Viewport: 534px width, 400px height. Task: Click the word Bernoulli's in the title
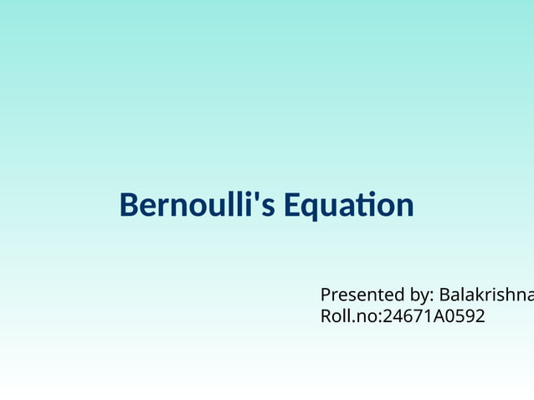(x=197, y=205)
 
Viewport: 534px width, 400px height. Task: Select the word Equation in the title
(x=348, y=205)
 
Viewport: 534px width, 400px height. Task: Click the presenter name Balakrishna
(x=486, y=295)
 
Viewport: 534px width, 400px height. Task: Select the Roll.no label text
(x=348, y=316)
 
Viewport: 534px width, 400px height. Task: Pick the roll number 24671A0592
(x=433, y=316)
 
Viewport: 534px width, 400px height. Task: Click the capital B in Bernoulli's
(x=129, y=205)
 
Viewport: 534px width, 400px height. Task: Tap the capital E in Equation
(x=291, y=205)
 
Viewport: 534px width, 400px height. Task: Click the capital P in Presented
(x=326, y=295)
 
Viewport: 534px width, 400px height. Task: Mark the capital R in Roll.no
(x=326, y=316)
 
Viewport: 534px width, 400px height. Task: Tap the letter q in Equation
(x=311, y=208)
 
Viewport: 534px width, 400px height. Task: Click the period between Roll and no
(x=353, y=321)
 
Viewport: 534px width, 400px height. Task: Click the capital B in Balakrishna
(x=444, y=295)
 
